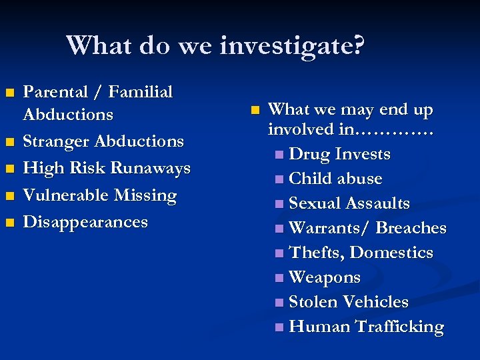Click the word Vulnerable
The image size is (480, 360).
[66, 195]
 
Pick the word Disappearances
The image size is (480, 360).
[85, 222]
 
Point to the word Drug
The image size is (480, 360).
[309, 154]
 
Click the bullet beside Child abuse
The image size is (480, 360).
[278, 179]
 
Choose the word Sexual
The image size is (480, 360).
[317, 203]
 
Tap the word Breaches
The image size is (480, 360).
[411, 228]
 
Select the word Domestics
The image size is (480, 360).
[391, 253]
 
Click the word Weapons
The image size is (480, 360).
[325, 277]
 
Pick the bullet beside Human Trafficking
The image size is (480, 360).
[278, 327]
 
